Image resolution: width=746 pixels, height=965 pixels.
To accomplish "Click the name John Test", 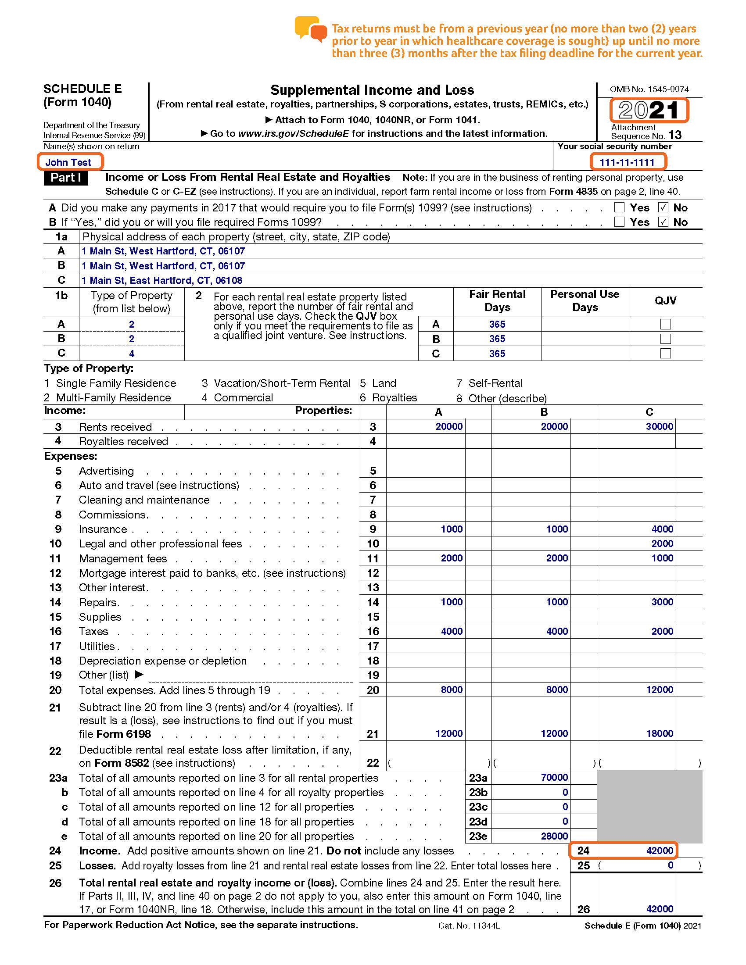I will [68, 162].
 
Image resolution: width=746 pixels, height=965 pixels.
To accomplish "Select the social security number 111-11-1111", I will [627, 162].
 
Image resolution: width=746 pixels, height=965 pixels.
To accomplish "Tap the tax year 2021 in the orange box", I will [648, 110].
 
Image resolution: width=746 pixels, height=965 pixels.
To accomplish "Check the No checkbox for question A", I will [663, 207].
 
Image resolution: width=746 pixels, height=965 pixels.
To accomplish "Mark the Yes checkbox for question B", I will [619, 222].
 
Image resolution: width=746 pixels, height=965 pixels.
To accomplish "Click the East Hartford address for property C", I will [162, 281].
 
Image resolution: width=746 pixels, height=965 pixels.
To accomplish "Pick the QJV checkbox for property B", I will [665, 339].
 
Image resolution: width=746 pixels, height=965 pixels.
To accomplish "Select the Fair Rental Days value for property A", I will [497, 324].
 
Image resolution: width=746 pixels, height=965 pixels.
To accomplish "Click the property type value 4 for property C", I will [132, 354].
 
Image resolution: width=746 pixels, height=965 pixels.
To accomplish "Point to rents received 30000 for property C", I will [660, 426].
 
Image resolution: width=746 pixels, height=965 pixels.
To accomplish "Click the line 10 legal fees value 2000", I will [662, 543].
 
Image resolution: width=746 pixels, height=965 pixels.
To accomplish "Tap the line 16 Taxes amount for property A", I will [452, 631].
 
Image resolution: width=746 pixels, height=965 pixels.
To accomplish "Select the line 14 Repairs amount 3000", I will [662, 602].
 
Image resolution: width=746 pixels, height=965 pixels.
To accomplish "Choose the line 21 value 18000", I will [660, 733].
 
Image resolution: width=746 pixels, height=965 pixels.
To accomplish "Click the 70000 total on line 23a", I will [554, 777].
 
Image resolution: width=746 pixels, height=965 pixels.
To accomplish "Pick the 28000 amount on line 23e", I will [554, 836].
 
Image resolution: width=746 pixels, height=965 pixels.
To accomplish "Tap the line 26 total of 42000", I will [660, 909].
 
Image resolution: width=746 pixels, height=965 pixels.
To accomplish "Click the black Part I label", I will [65, 178].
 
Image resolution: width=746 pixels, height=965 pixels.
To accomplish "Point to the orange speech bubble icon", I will [311, 29].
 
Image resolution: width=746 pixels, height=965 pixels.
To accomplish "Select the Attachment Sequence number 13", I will [675, 135].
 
